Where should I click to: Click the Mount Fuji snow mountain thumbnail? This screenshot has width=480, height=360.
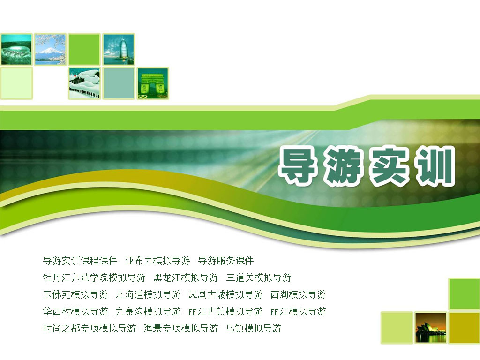(50, 49)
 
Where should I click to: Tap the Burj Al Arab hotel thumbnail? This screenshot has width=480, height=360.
(119, 49)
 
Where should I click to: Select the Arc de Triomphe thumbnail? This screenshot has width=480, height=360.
(153, 83)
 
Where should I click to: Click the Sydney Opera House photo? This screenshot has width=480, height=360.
(431, 328)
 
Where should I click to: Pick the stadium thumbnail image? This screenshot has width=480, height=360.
(16, 49)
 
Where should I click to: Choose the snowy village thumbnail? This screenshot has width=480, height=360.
(84, 83)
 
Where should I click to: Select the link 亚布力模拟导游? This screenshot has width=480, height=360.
(157, 261)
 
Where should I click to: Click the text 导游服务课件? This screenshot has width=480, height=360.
(226, 261)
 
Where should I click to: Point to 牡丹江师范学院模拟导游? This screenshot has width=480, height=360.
(94, 277)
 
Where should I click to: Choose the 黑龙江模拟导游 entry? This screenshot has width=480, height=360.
(186, 277)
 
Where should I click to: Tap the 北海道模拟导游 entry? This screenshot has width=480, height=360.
(148, 294)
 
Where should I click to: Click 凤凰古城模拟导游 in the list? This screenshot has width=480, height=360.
(225, 294)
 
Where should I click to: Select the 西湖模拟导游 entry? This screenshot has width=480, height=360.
(298, 294)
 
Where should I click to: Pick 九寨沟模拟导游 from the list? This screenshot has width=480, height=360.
(148, 311)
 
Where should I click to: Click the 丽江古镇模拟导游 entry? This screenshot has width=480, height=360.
(225, 311)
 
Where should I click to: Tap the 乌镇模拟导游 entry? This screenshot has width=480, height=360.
(254, 328)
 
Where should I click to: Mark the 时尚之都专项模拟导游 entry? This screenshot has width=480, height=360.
(90, 328)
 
